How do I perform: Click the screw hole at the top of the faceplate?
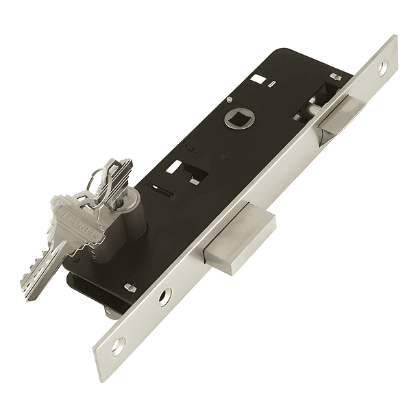coord(383,66)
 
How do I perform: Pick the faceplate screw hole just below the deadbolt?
coord(165,296)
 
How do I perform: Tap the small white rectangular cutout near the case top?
coord(256,79)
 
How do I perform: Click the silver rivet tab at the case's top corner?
coord(335,77)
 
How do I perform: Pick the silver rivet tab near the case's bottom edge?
coord(129,286)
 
